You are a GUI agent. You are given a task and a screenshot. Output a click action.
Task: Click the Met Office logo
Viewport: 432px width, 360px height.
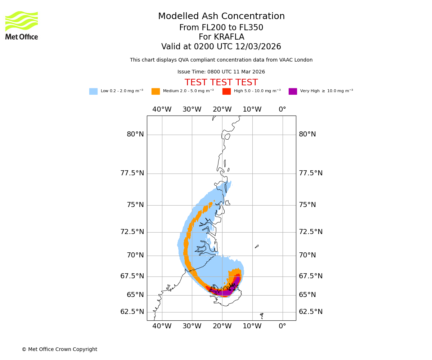click(x=22, y=25)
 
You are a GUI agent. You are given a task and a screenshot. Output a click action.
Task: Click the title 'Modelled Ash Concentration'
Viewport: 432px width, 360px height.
click(x=221, y=17)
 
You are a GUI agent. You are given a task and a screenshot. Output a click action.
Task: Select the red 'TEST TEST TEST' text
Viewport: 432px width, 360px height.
click(x=221, y=83)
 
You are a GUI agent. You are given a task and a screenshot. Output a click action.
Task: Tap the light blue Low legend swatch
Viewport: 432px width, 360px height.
click(x=93, y=91)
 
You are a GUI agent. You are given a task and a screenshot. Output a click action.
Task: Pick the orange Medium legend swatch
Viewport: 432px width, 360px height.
click(x=156, y=91)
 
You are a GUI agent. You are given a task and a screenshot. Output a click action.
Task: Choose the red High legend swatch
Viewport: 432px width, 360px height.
click(x=226, y=91)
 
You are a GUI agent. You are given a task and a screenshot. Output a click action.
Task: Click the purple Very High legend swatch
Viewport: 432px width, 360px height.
click(x=293, y=91)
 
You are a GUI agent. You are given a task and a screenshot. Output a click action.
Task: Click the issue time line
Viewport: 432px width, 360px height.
click(x=221, y=72)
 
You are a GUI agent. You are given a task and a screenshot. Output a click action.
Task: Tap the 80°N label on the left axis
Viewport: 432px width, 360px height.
click(x=135, y=135)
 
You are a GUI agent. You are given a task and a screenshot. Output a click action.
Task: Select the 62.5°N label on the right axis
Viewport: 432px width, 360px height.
click(x=311, y=312)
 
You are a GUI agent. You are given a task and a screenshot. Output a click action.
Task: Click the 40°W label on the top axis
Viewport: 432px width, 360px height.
click(x=162, y=109)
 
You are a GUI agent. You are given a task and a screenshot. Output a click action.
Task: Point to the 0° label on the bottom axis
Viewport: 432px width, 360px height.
click(x=283, y=327)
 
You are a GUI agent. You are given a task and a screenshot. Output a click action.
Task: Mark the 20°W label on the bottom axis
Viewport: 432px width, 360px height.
click(x=222, y=327)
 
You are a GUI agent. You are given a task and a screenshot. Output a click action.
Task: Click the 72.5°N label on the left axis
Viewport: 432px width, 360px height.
click(x=132, y=232)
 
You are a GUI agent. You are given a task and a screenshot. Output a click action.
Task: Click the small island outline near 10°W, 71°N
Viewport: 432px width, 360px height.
click(x=257, y=247)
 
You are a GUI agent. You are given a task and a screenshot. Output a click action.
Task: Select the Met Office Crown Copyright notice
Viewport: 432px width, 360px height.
click(x=59, y=350)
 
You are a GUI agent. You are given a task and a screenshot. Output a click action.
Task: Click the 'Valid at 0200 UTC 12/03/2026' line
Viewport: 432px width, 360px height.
click(x=221, y=47)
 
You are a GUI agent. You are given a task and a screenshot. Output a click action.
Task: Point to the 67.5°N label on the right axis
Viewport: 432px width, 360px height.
click(x=311, y=276)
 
